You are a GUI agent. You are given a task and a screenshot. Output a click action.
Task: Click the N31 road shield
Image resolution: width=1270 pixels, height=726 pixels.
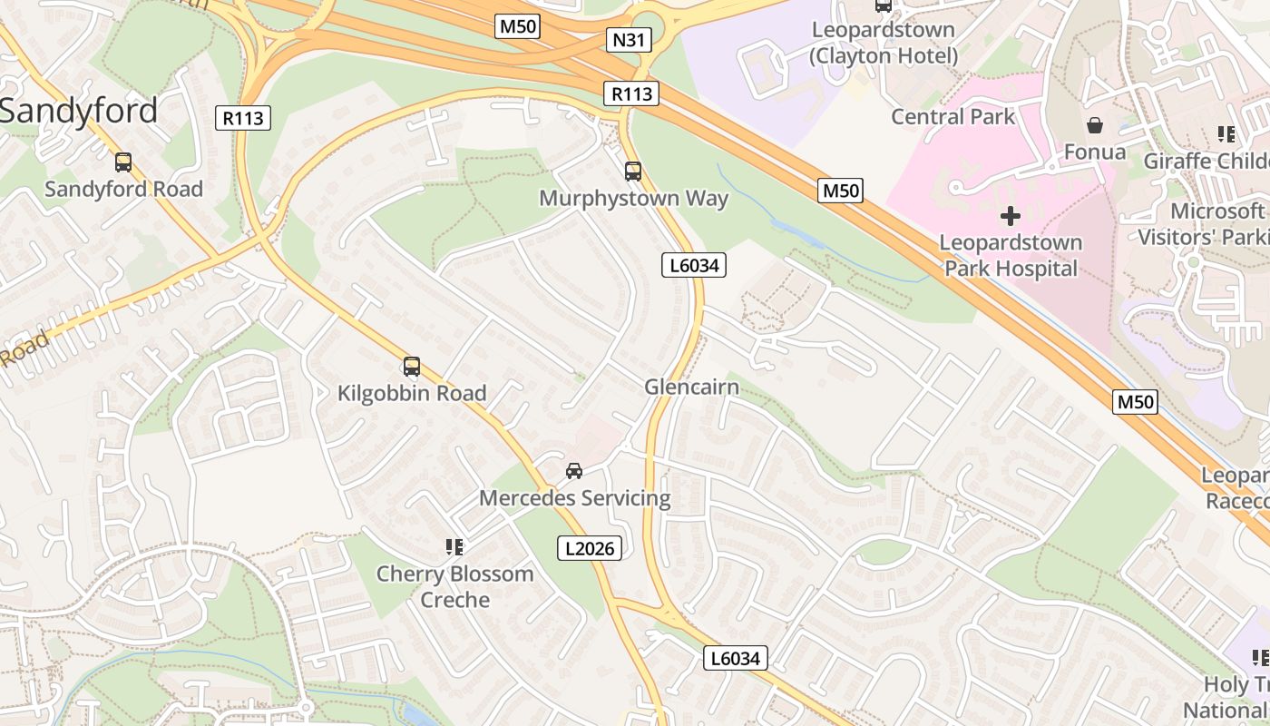pyautogui.click(x=629, y=40)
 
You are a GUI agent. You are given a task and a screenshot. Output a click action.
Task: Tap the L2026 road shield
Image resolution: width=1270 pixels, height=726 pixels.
pyautogui.click(x=589, y=548)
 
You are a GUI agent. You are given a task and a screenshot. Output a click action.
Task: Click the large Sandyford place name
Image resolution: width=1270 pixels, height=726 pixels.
pyautogui.click(x=78, y=111)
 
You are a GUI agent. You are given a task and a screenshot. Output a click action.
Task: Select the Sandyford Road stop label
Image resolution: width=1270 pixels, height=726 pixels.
pyautogui.click(x=123, y=189)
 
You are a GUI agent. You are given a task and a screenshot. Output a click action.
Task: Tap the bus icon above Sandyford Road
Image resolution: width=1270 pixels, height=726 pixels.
pyautogui.click(x=123, y=162)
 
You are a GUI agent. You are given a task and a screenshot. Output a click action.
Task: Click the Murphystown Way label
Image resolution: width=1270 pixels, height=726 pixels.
pyautogui.click(x=633, y=198)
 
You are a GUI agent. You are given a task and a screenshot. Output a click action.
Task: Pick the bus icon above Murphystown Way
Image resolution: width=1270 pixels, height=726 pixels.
pyautogui.click(x=633, y=171)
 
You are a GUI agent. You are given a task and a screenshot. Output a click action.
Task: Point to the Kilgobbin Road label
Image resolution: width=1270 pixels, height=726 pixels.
pyautogui.click(x=412, y=393)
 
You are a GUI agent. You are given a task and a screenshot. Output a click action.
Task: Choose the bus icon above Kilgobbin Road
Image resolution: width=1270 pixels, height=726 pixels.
pyautogui.click(x=412, y=367)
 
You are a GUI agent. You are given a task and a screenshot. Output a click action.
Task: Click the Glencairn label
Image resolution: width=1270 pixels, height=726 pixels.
pyautogui.click(x=691, y=388)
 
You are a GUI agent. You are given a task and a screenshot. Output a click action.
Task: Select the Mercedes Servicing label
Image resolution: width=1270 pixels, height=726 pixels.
pyautogui.click(x=574, y=498)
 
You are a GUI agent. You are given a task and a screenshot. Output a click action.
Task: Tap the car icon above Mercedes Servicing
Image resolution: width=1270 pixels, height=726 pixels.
pyautogui.click(x=574, y=471)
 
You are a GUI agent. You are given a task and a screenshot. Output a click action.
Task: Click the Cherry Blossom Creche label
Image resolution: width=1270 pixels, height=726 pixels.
pyautogui.click(x=454, y=586)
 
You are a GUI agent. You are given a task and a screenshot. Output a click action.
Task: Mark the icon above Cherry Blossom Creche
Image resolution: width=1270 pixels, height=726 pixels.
pyautogui.click(x=454, y=546)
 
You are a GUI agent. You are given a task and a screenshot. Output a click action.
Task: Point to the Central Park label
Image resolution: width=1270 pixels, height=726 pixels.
pyautogui.click(x=952, y=116)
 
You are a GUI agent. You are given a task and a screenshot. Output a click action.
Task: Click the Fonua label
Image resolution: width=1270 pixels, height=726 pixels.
pyautogui.click(x=1094, y=152)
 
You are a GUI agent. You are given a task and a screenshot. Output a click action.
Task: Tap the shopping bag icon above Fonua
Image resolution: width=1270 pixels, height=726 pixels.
pyautogui.click(x=1095, y=125)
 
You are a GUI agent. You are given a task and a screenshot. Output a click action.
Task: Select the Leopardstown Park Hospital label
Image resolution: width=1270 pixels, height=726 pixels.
pyautogui.click(x=1011, y=255)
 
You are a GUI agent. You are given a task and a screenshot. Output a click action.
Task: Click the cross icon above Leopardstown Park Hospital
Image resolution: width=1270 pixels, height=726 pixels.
pyautogui.click(x=1010, y=216)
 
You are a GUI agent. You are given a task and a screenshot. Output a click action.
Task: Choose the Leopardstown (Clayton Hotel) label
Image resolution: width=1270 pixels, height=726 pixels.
pyautogui.click(x=884, y=43)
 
